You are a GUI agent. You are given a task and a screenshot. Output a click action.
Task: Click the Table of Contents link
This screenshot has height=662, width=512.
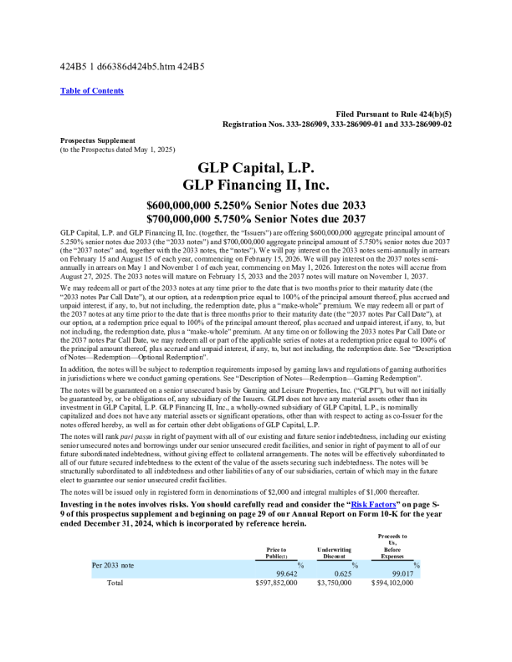click(x=92, y=90)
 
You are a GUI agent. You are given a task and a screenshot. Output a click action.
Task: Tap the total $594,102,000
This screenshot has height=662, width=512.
click(x=392, y=582)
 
